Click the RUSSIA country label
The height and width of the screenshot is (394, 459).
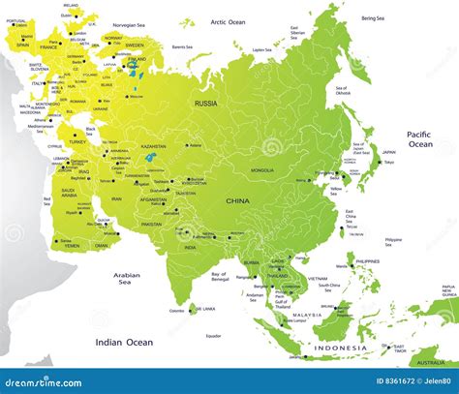coord(205,104)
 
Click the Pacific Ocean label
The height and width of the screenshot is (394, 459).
coord(418,139)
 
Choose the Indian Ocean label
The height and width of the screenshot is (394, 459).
coord(123,342)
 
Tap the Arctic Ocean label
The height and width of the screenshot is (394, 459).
coord(230,21)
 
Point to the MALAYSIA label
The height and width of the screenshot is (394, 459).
coord(308,315)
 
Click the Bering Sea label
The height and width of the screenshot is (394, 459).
coord(373,17)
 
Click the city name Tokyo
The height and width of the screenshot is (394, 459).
coord(388,163)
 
